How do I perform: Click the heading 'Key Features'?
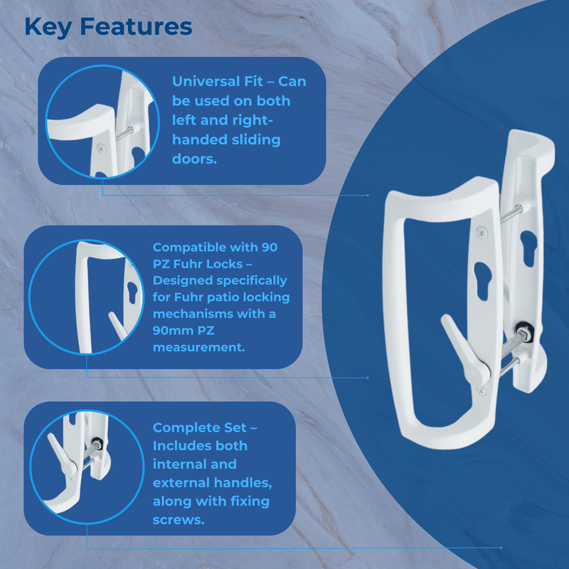click(108, 26)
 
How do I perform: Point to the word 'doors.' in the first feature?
click(193, 158)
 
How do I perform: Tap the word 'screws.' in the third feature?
click(179, 520)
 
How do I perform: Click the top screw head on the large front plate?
click(481, 233)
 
